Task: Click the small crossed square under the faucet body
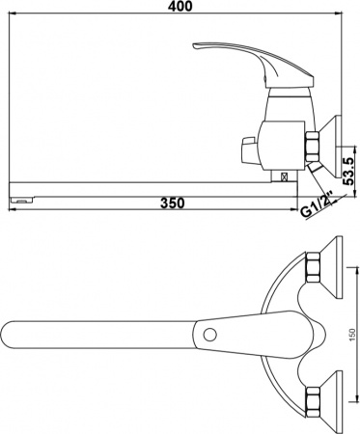tap(283, 176)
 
